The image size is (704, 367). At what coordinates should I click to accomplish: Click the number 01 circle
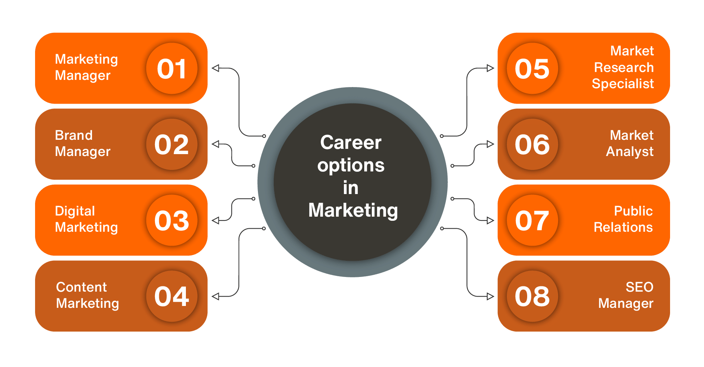point(172,68)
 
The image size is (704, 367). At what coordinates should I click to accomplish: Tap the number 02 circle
point(172,144)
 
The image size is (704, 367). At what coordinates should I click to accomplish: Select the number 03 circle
point(172,220)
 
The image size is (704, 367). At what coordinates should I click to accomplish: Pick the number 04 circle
point(172,296)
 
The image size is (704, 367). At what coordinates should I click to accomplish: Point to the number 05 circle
point(532,68)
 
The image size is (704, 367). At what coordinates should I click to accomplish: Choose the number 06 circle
point(532,144)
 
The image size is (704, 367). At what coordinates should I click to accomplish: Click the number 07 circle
point(532,220)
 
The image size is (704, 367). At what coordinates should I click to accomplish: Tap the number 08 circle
point(532,296)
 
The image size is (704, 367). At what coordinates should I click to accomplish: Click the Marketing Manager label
point(86,67)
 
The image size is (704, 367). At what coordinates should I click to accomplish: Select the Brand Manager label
point(83,143)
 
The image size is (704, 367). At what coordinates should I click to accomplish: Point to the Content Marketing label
point(87,295)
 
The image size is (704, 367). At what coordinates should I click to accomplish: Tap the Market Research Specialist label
point(623,67)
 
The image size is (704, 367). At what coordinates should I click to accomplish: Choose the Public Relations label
point(623,219)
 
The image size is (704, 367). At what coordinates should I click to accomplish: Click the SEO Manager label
point(626,295)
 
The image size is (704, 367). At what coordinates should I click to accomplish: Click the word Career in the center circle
point(351,142)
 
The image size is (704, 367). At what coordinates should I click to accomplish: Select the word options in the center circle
point(351,166)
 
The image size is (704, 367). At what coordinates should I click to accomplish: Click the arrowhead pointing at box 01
point(215,68)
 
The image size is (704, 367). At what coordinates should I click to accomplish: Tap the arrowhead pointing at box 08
point(490,296)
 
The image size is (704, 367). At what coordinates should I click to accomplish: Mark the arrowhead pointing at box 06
point(490,144)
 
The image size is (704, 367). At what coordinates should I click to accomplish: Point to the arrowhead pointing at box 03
point(215,220)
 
